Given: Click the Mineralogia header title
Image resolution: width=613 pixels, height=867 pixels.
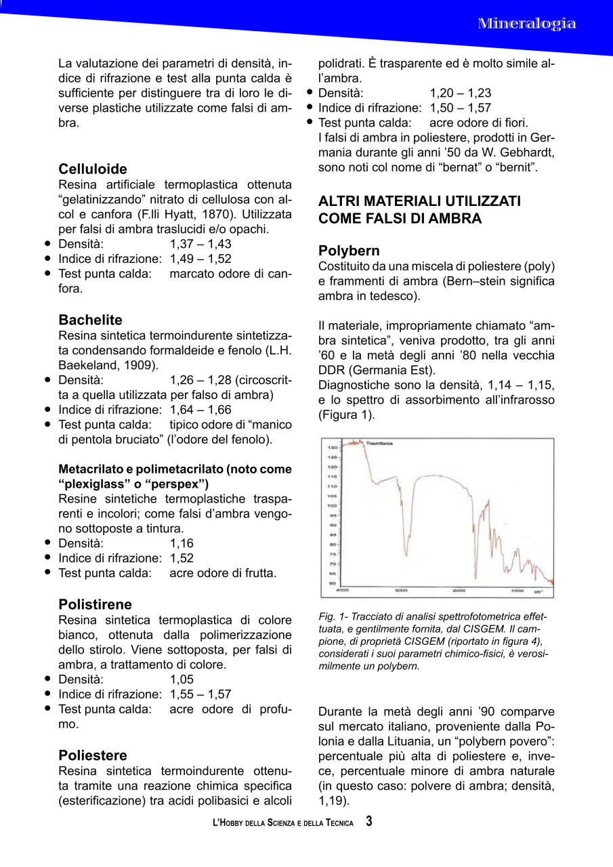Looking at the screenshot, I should click(527, 24).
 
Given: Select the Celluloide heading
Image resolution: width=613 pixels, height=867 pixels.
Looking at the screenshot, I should click(93, 169).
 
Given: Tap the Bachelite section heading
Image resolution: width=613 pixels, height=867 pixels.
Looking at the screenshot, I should click(91, 320).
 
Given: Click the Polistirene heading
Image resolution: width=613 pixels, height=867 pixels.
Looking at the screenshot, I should click(96, 604).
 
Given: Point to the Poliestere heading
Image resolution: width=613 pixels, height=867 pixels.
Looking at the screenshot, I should click(93, 755).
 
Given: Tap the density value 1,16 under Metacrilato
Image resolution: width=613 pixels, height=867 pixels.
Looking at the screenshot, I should click(182, 543).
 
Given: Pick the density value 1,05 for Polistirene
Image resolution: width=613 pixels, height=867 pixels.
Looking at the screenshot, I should click(182, 679).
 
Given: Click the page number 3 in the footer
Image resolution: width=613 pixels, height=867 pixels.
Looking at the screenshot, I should click(369, 822).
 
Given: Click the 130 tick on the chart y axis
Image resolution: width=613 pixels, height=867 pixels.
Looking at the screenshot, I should click(333, 448).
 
